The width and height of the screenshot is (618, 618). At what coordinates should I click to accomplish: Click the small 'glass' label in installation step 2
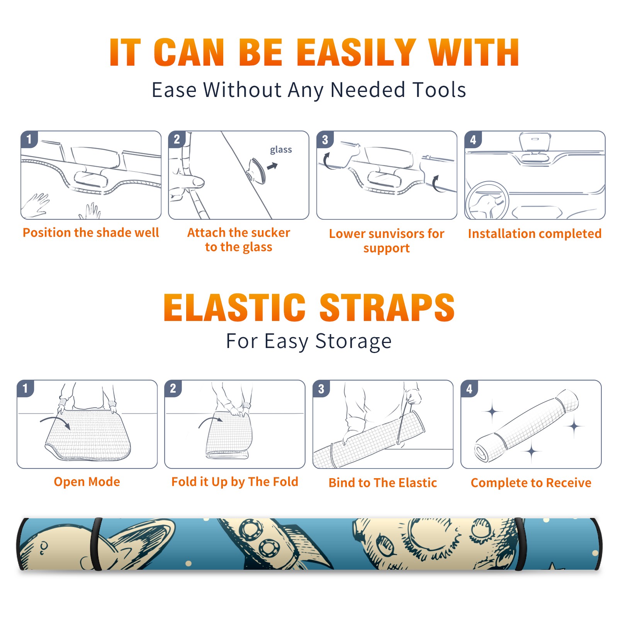(281, 150)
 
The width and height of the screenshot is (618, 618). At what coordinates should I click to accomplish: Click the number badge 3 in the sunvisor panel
(325, 139)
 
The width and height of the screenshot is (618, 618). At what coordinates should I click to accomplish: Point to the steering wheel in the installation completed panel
(487, 200)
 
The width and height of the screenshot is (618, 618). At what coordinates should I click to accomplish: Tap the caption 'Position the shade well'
(91, 233)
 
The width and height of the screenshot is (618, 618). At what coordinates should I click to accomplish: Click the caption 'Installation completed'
(535, 233)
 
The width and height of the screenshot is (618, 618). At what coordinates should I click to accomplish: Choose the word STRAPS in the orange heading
(387, 307)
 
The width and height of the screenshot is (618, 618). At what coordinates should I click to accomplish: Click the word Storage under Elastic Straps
(353, 341)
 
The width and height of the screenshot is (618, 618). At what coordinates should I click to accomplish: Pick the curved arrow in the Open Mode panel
(55, 422)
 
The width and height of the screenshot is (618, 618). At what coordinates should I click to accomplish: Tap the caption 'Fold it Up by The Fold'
(235, 482)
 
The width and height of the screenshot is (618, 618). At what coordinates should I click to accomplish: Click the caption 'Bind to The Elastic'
(383, 482)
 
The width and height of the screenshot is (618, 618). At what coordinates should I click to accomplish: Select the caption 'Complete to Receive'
(531, 482)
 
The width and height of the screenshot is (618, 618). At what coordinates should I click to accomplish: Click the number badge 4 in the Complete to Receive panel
(469, 389)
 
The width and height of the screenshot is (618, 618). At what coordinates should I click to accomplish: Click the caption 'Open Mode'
(87, 482)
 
